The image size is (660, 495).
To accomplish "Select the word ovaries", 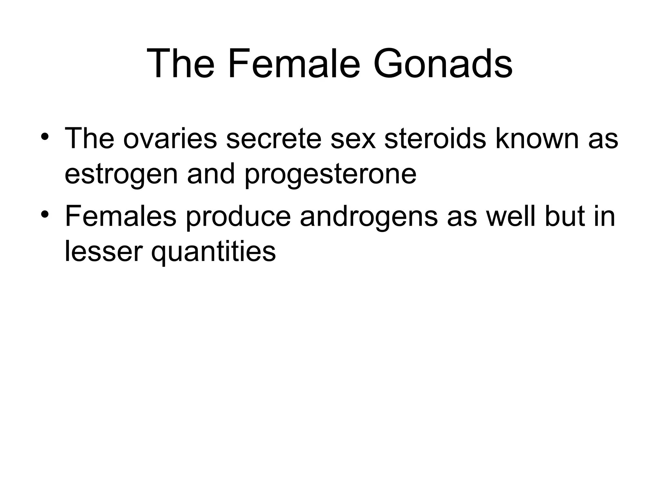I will click(170, 139).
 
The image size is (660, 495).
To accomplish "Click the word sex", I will click(353, 139).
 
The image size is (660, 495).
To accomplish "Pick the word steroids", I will click(435, 139).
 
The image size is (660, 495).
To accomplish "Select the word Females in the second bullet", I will click(121, 216).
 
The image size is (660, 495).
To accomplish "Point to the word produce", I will click(238, 216).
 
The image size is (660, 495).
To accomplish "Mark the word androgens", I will click(369, 216).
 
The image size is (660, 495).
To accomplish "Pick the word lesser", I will click(103, 252).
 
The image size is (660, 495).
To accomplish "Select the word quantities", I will click(213, 252).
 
